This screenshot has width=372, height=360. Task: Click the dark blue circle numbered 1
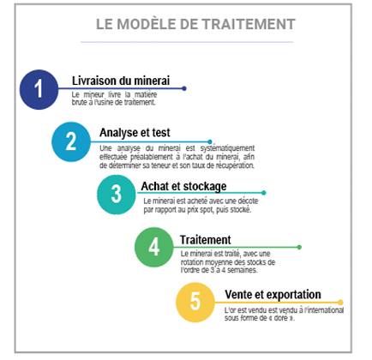click(39, 89)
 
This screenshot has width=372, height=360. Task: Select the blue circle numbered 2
click(71, 141)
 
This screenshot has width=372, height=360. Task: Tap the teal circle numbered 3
click(117, 195)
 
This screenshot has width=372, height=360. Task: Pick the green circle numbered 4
click(154, 247)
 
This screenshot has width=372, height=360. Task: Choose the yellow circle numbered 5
click(195, 302)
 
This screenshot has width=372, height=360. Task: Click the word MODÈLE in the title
click(147, 24)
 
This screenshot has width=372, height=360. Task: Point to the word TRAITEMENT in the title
click(249, 24)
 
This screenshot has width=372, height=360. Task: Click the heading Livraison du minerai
click(121, 81)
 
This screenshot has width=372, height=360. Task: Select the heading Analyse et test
click(135, 133)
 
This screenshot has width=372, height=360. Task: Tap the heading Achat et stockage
click(183, 186)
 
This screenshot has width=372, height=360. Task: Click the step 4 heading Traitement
click(206, 240)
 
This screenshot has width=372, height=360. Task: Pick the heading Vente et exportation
click(273, 294)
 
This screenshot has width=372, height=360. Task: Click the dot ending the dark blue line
click(184, 88)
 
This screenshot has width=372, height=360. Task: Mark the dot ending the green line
click(299, 247)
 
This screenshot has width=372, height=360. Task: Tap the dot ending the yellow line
click(340, 303)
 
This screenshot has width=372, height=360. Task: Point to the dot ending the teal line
click(264, 193)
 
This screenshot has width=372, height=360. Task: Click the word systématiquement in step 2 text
click(227, 148)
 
